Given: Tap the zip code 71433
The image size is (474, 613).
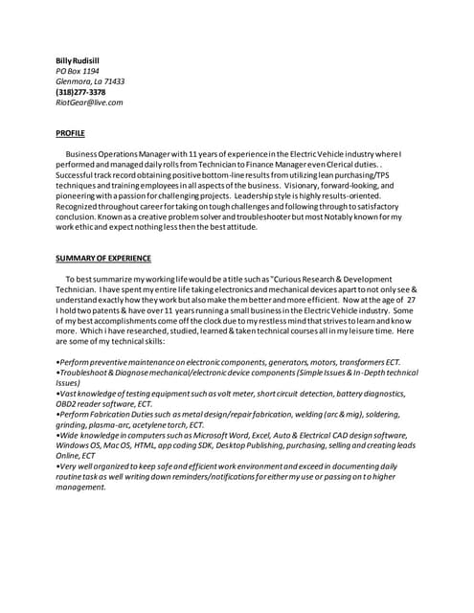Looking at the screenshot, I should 113,81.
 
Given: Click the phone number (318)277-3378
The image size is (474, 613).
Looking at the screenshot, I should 80,92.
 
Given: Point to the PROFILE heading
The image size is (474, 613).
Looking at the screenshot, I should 70,133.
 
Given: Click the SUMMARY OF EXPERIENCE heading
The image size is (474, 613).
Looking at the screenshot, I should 103,259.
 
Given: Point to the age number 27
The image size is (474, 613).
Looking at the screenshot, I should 410,299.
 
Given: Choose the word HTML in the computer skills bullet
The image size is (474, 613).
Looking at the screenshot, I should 161,444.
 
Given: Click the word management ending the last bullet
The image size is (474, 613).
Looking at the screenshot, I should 81,487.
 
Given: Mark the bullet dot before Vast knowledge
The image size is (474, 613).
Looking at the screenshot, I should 57,393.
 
